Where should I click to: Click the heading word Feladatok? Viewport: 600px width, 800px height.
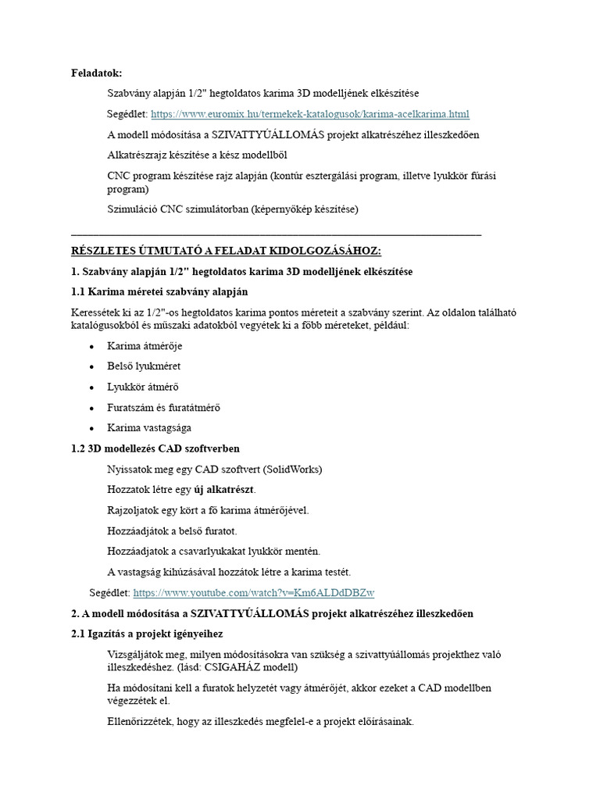tap(97, 73)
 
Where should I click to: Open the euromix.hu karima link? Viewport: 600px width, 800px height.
tap(309, 114)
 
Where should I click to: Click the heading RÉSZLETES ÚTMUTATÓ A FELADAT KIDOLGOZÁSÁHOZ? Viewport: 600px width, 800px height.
tap(226, 251)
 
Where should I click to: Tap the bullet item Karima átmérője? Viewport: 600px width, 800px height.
tap(145, 345)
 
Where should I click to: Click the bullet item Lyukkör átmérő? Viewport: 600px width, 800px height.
tap(144, 387)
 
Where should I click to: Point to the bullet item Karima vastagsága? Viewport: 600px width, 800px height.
tap(148, 428)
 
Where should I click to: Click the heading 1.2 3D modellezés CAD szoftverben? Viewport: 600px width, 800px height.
tap(155, 448)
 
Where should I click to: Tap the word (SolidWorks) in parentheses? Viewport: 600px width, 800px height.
tap(292, 470)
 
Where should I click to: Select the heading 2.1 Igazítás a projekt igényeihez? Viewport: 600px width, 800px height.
tap(146, 634)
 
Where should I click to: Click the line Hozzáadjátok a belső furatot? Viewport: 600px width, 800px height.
tap(166, 531)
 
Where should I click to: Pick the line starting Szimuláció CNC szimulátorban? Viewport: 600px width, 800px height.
tap(233, 209)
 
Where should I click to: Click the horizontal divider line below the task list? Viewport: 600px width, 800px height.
tap(276, 234)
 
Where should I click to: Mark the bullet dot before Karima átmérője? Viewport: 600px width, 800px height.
tap(92, 346)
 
